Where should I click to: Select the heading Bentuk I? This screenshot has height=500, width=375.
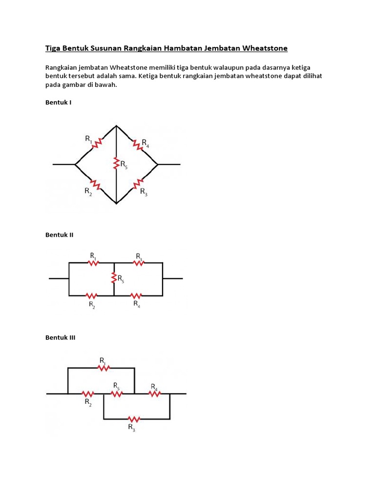pyautogui.click(x=59, y=103)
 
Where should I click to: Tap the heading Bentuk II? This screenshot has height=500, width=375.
pyautogui.click(x=60, y=235)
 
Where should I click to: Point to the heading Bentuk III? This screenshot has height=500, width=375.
pyautogui.click(x=61, y=337)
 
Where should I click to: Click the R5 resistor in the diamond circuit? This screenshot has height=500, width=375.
pyautogui.click(x=116, y=163)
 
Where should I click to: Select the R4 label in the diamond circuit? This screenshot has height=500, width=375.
pyautogui.click(x=145, y=143)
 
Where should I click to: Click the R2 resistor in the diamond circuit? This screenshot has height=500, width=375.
pyautogui.click(x=97, y=186)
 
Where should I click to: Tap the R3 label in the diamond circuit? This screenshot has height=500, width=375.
pyautogui.click(x=144, y=192)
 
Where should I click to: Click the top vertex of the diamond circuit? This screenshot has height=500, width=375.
pyautogui.click(x=116, y=125)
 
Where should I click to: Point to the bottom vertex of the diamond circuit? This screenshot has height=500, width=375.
pyautogui.click(x=116, y=203)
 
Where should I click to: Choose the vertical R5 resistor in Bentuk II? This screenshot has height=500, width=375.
pyautogui.click(x=114, y=278)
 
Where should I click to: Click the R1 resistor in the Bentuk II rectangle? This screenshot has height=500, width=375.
pyautogui.click(x=93, y=263)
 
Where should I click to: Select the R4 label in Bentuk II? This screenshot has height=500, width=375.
pyautogui.click(x=137, y=304)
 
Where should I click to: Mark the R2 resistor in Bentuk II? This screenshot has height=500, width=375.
pyautogui.click(x=91, y=295)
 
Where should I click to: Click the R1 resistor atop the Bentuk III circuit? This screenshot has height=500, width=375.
pyautogui.click(x=104, y=368)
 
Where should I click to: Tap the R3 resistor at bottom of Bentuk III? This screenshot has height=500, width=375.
pyautogui.click(x=134, y=419)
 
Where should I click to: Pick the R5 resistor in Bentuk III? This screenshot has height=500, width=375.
pyautogui.click(x=116, y=393)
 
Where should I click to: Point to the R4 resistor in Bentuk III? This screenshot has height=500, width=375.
pyautogui.click(x=154, y=393)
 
